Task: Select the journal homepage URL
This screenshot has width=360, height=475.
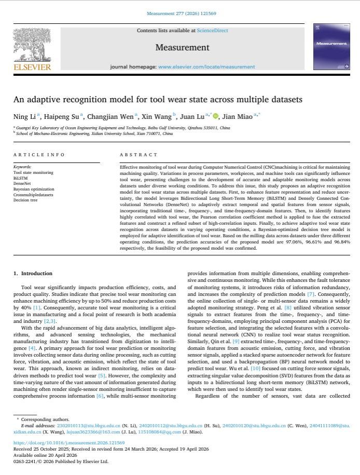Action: (206, 67)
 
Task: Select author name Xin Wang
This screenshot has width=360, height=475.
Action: (156, 117)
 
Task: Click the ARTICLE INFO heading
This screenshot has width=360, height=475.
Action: (39, 155)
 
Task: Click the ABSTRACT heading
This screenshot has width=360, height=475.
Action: (138, 155)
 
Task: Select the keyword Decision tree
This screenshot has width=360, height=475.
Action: (25, 200)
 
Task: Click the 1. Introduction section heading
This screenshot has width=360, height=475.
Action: (33, 274)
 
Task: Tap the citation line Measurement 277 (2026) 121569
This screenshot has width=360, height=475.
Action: (179, 14)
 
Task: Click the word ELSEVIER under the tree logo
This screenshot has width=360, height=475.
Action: (32, 67)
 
